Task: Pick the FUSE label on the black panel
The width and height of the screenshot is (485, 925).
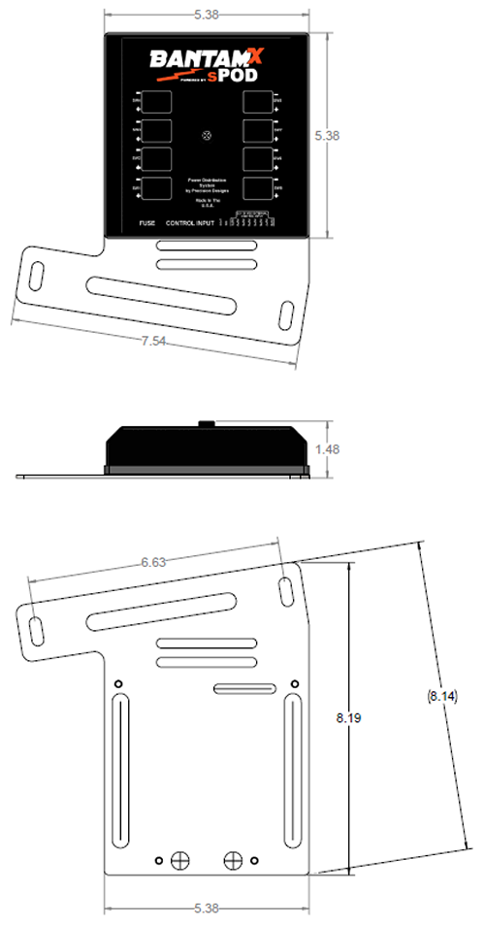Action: (146, 223)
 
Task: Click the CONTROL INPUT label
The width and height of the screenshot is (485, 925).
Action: (190, 223)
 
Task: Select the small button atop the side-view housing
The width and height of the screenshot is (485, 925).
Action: (207, 423)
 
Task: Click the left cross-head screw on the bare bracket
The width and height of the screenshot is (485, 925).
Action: (178, 859)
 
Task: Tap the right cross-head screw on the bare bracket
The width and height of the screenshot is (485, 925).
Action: (232, 859)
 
